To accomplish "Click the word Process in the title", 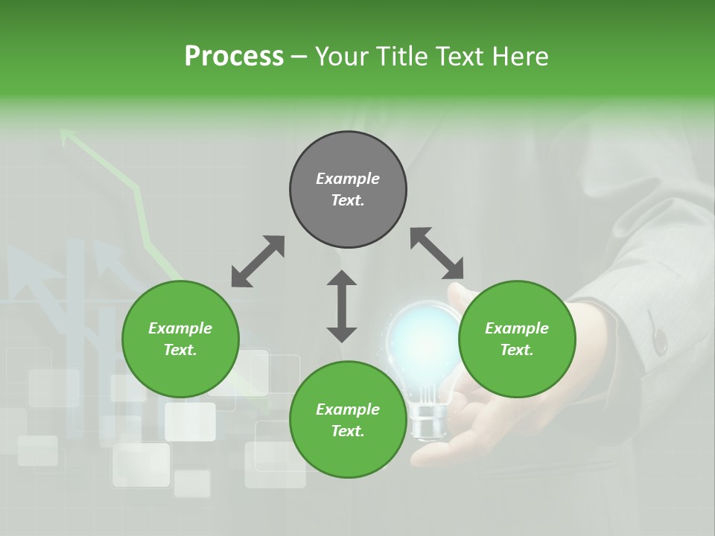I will point(234,57).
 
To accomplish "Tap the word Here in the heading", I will point(518,57).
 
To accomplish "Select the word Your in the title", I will point(342,57).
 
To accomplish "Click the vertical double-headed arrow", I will point(342,306).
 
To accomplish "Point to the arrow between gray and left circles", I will point(258,261).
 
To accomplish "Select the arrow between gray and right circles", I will point(437,253).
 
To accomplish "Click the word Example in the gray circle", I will point(348,179).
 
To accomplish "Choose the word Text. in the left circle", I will point(180,350).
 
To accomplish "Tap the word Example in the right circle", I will point(517,328).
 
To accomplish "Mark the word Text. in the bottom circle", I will point(348,431).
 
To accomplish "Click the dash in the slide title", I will point(299,57).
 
